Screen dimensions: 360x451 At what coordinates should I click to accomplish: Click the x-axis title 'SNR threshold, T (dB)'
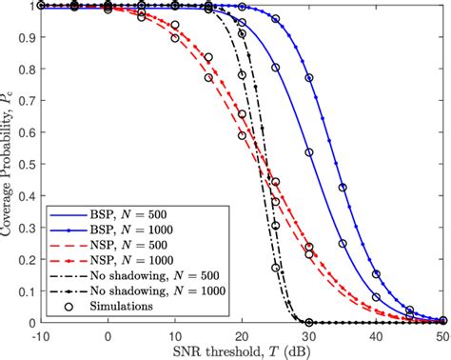coord(243,350)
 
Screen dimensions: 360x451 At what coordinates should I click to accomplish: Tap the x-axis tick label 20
coord(242,334)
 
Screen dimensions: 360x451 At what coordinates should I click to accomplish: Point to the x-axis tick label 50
coord(441,334)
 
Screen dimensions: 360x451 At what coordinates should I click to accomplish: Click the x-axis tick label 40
coord(375,334)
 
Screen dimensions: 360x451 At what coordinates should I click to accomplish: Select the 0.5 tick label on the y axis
coord(25,164)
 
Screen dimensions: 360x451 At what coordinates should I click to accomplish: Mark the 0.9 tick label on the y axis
coord(25,37)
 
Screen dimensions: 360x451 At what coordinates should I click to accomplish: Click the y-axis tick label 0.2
coord(25,259)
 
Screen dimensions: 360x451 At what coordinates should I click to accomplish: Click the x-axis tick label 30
coord(308,334)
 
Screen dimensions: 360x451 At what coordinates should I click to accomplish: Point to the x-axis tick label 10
coord(175,334)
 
